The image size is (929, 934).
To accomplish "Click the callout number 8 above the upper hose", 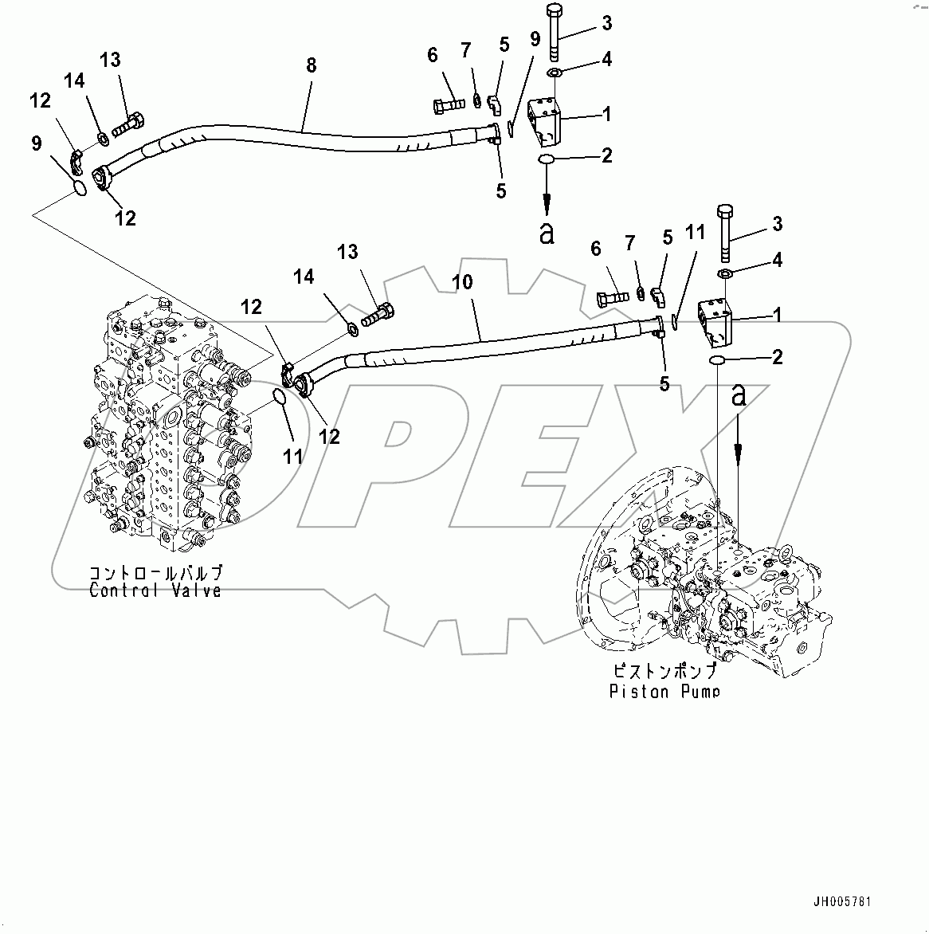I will point(311,65).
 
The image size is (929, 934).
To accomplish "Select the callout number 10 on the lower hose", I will point(463,282).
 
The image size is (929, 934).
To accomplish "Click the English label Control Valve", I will point(155,591).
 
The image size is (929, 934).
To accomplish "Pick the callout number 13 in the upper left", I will point(110,60).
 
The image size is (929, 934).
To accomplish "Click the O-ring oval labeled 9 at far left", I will point(76,188).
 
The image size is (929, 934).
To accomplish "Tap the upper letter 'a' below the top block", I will point(547,233).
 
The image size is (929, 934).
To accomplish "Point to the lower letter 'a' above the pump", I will point(739,394).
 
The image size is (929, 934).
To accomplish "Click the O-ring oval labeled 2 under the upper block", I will point(547,161).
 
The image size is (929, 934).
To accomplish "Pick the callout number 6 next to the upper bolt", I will point(433,55).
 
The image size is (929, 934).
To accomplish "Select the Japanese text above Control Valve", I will point(155,573).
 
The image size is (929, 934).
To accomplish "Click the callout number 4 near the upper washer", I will point(606,59).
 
